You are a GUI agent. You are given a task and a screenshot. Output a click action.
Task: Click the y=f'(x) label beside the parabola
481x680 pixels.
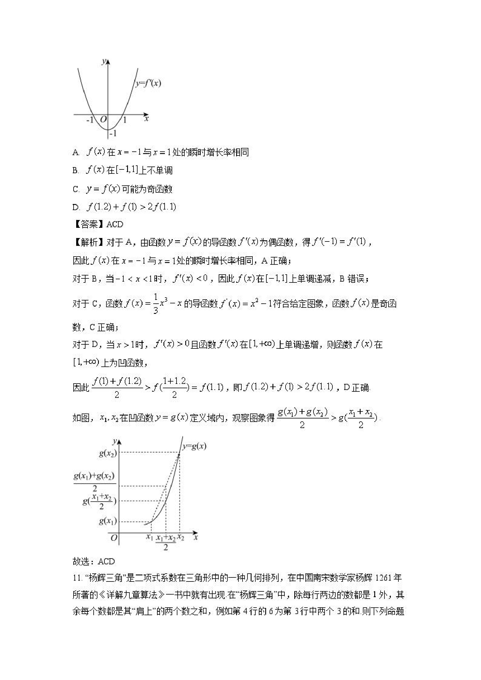click(148, 83)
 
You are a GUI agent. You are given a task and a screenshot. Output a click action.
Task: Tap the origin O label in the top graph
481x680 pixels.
click(103, 120)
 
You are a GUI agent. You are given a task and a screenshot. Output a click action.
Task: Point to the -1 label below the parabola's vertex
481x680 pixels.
click(113, 134)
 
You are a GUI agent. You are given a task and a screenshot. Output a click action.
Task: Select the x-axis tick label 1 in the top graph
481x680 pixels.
click(124, 120)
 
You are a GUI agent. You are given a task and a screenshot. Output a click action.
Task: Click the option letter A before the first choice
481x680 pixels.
click(76, 153)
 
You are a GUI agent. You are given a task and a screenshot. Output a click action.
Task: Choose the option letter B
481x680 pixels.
click(75, 171)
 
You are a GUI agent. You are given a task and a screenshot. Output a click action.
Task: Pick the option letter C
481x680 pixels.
click(76, 189)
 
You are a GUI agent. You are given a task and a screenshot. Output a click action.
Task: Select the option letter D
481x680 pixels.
click(76, 207)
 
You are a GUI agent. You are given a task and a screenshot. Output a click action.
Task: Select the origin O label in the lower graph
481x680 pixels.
click(114, 538)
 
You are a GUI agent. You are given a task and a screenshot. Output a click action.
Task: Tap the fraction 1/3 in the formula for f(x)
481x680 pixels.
click(156, 303)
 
